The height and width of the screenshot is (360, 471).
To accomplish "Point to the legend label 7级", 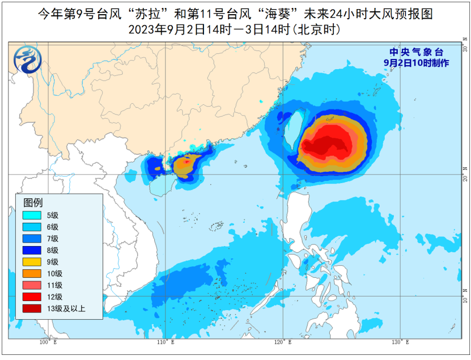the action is pos(53,238).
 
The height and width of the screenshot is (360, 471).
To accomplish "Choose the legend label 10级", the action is pos(55,273).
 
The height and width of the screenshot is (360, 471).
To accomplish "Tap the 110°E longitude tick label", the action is pos(165,342).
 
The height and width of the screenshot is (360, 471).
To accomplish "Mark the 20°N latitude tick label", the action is pos(465,173).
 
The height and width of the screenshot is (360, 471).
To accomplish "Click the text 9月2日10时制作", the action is pos(416,63).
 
